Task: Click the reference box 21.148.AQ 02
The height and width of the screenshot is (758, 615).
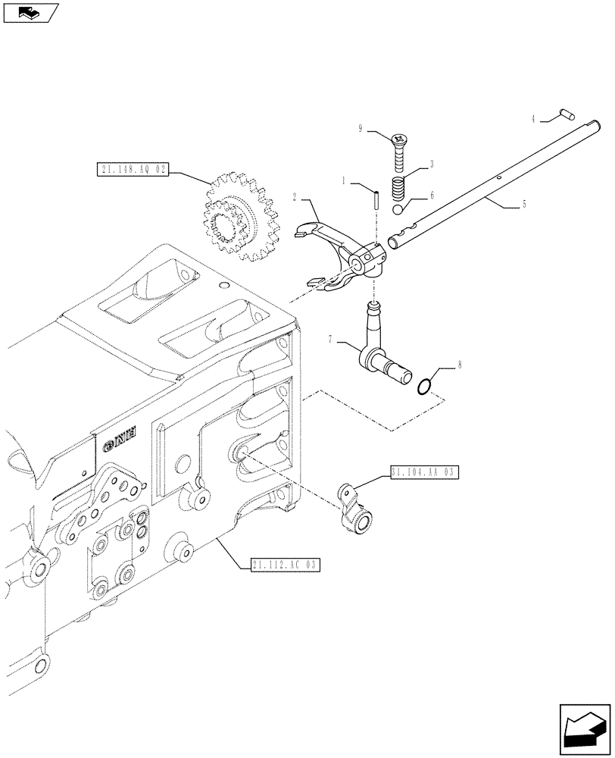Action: click(132, 169)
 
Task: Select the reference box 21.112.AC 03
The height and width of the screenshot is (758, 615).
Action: click(284, 564)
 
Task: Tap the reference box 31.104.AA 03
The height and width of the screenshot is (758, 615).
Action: click(424, 471)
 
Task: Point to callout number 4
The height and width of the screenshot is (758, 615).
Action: click(534, 118)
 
